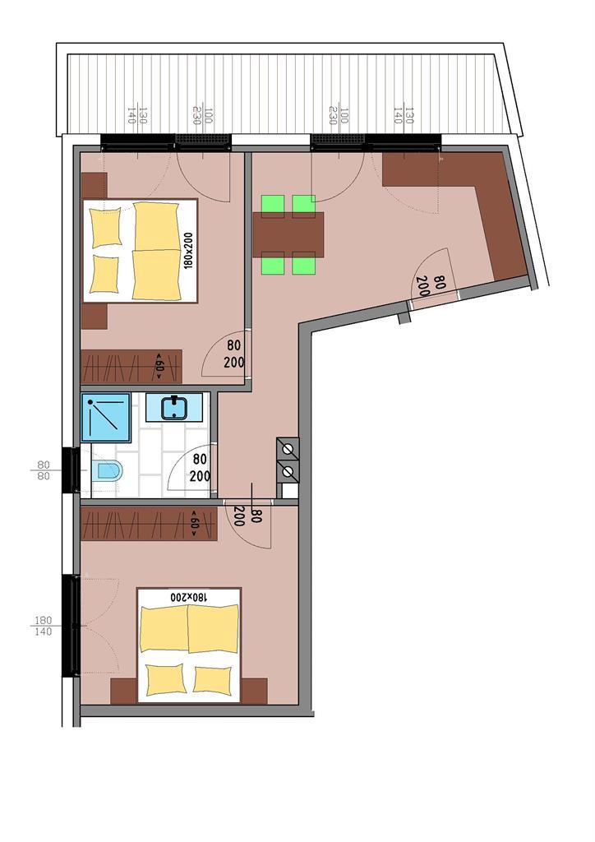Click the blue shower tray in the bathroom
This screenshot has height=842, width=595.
point(106,417)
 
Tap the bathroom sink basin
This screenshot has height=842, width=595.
point(174,408)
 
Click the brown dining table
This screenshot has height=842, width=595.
point(288,235)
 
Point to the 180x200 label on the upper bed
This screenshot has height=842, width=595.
point(189,250)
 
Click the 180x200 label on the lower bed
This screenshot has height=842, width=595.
point(188,597)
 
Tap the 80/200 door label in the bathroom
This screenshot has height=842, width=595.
point(200,468)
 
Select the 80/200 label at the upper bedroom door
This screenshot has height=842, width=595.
point(234,354)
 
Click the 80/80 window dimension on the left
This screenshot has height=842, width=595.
point(44,470)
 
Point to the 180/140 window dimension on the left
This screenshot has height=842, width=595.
point(44,626)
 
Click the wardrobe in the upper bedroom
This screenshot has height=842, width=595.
point(131,367)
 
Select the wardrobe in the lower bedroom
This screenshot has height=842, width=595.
point(150,524)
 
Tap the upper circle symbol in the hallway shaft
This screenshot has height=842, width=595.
point(288,448)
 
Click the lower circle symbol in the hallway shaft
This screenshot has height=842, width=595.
point(288,471)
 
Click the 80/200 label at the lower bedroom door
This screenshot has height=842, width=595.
point(247,517)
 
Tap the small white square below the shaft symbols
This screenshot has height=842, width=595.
point(288,491)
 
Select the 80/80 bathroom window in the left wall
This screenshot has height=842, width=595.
point(70,470)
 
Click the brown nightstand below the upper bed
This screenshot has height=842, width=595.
point(94,317)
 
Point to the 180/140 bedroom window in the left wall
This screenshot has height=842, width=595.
point(71,626)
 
